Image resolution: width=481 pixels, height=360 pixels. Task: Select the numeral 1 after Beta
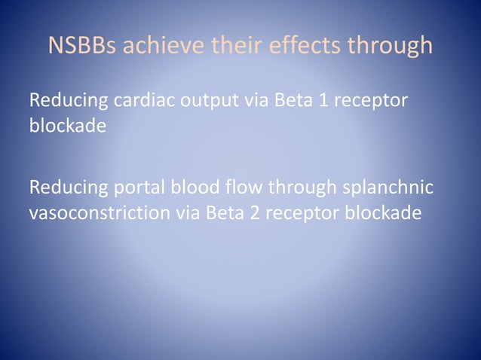coord(323,101)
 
